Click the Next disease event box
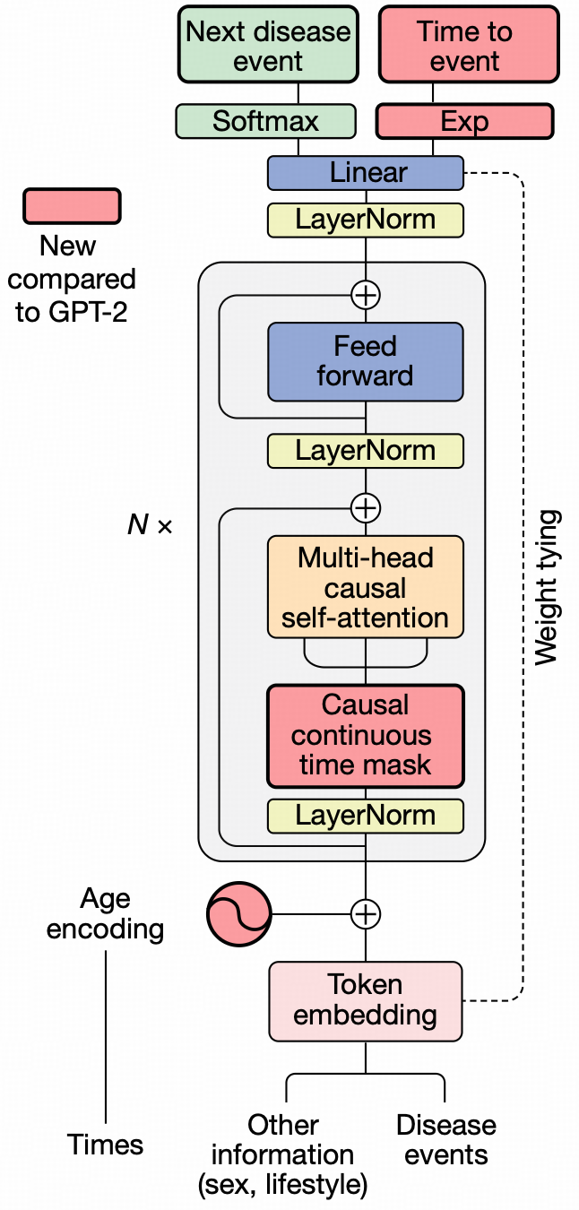click(x=267, y=47)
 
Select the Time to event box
click(x=464, y=47)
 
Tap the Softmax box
click(x=265, y=121)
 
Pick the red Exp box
click(x=464, y=121)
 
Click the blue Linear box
click(x=366, y=172)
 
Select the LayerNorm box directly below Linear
click(x=366, y=220)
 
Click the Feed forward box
click(x=366, y=360)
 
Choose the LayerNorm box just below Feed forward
click(x=366, y=450)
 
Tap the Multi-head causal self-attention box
click(x=366, y=587)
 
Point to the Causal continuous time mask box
click(x=366, y=735)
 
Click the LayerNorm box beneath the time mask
click(x=366, y=815)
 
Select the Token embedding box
click(x=366, y=999)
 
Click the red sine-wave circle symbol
click(x=238, y=914)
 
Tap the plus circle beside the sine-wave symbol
click(x=366, y=914)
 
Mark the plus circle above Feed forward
click(x=366, y=294)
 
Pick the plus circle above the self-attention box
click(x=366, y=508)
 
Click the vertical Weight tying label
click(x=547, y=587)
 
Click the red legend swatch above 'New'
click(x=72, y=205)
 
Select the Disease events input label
click(x=445, y=1140)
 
